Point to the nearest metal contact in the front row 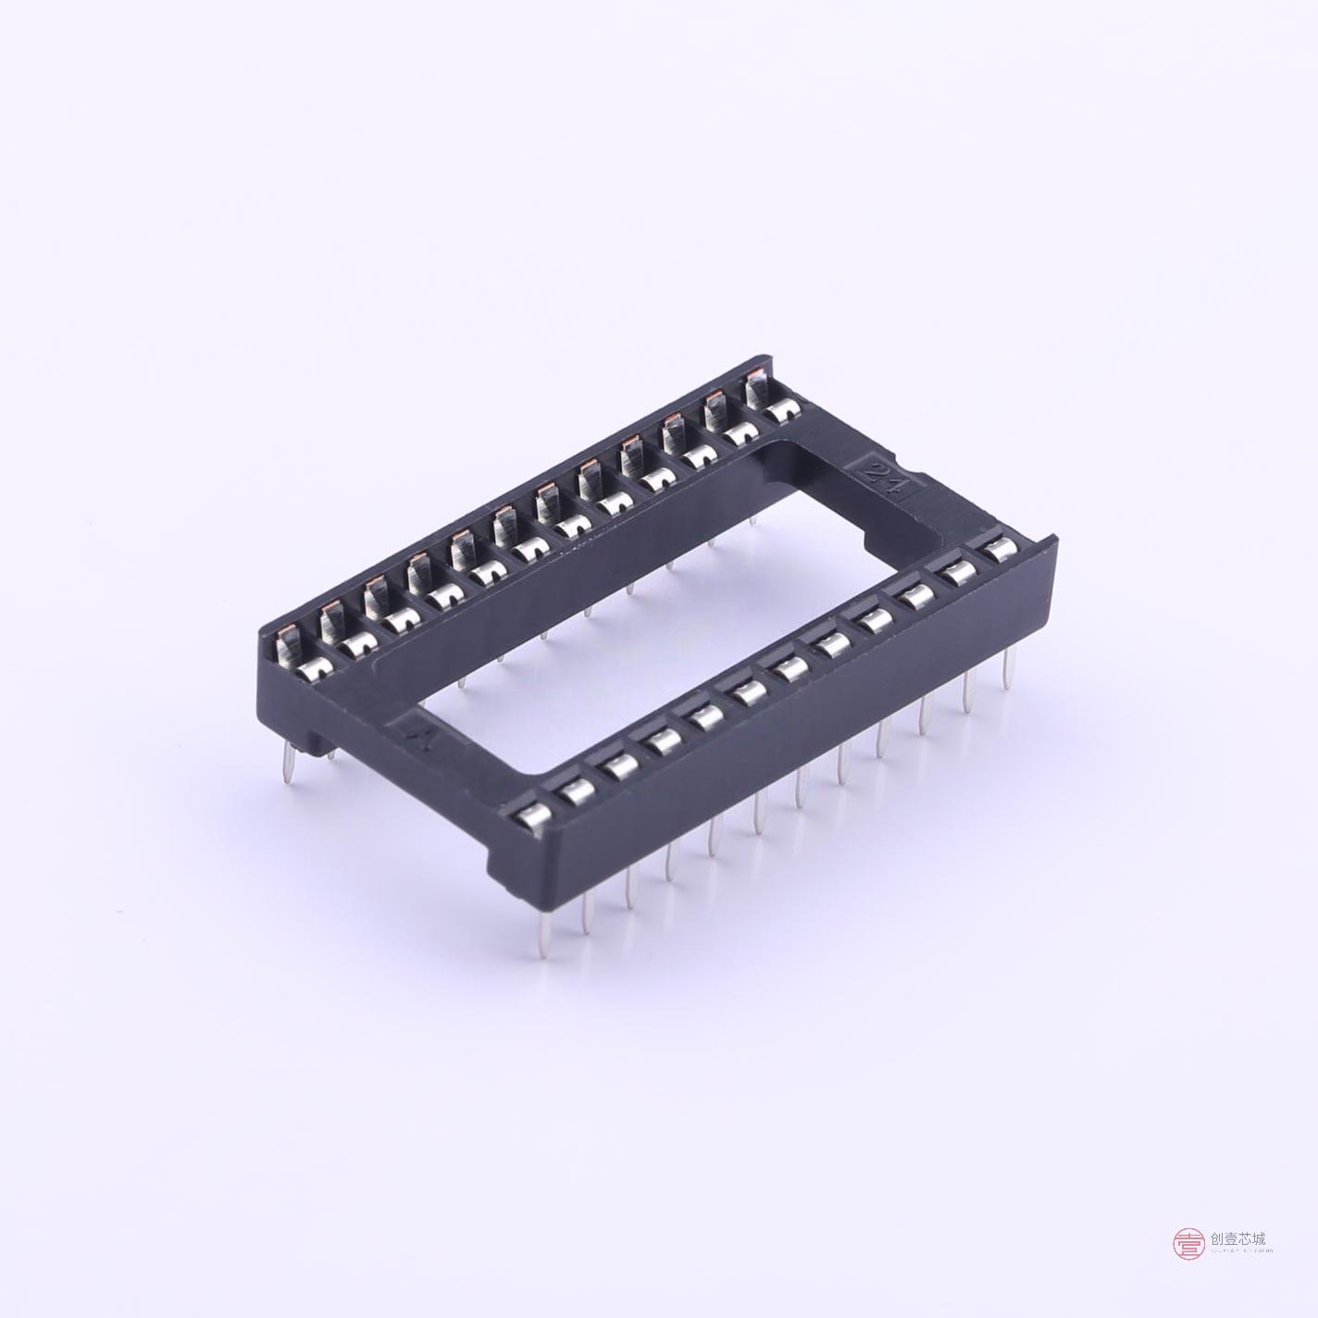[x=529, y=817]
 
